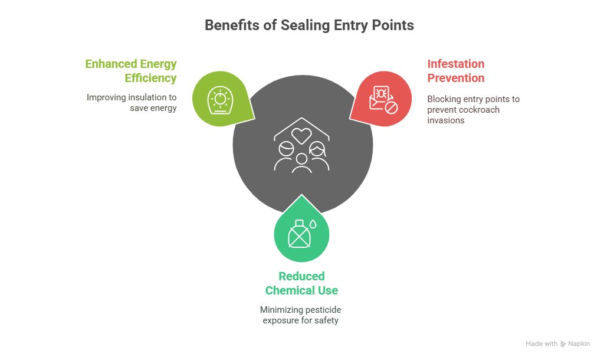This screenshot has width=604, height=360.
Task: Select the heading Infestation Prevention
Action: click(x=456, y=71)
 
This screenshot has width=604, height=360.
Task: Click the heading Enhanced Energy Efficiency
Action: click(x=131, y=71)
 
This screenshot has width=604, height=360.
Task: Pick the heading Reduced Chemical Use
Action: click(x=301, y=283)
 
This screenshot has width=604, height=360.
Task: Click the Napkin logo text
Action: click(x=579, y=343)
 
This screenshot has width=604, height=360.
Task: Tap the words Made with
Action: click(x=541, y=343)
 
